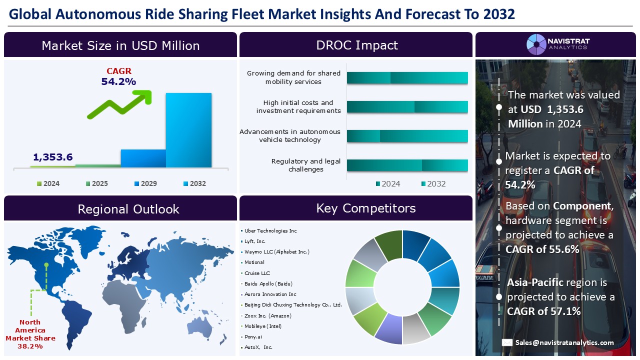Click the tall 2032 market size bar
pyautogui.click(x=188, y=130)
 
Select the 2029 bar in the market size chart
pyautogui.click(x=143, y=158)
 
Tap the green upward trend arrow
pyautogui.click(x=120, y=104)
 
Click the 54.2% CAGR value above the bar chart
pyautogui.click(x=118, y=81)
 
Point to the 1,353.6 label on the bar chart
pyautogui.click(x=53, y=157)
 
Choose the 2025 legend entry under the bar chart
pyautogui.click(x=97, y=183)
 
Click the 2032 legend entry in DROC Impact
pyautogui.click(x=433, y=183)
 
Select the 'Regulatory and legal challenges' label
pyautogui.click(x=305, y=165)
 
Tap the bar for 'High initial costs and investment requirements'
pyautogui.click(x=407, y=107)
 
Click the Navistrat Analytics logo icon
pyautogui.click(x=536, y=44)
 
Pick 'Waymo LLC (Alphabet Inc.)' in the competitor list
pyautogui.click(x=276, y=251)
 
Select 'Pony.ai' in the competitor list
pyautogui.click(x=253, y=336)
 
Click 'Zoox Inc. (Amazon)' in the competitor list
pyautogui.click(x=267, y=315)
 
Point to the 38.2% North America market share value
pyautogui.click(x=30, y=346)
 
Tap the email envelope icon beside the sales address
pyautogui.click(x=507, y=342)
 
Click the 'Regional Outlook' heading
pyautogui.click(x=128, y=209)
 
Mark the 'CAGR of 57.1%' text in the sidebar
pyautogui.click(x=543, y=311)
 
